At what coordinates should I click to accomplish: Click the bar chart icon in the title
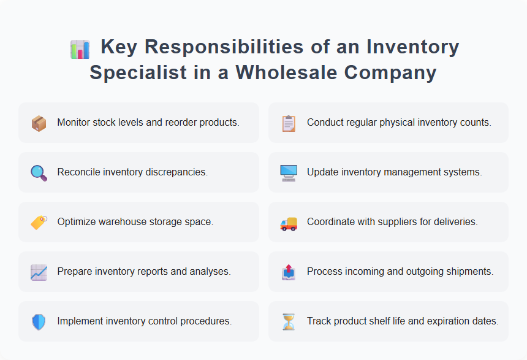(x=80, y=48)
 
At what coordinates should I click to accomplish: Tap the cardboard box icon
(x=39, y=123)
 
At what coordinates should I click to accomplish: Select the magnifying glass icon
(x=39, y=173)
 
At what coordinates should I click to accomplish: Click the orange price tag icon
(x=39, y=223)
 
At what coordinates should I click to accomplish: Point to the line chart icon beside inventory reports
(x=39, y=272)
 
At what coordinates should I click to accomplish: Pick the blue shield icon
(x=39, y=322)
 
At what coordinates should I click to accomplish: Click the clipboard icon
(x=289, y=123)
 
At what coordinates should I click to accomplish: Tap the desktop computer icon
(x=289, y=173)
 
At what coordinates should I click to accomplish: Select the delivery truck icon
(x=289, y=223)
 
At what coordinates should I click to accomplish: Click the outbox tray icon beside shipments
(x=289, y=272)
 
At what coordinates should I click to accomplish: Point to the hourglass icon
(x=289, y=322)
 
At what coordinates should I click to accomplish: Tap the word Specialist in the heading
(x=138, y=72)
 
